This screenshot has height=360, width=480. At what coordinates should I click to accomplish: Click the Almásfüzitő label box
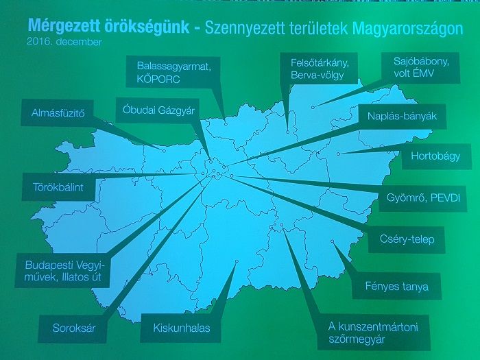point(57,112)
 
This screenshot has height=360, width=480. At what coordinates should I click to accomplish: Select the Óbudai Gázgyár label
point(158,110)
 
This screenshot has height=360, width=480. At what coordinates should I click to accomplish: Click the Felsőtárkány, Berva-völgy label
point(319,69)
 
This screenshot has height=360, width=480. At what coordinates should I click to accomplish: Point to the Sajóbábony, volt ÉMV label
point(420,68)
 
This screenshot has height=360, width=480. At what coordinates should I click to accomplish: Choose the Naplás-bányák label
point(402,117)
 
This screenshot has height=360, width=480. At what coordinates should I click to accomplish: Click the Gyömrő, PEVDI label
point(423,198)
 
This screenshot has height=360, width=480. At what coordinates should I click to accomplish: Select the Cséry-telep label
point(407,239)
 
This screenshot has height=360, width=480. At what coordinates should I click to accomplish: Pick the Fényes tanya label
point(397,286)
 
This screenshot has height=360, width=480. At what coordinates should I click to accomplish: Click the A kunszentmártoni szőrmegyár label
point(374,333)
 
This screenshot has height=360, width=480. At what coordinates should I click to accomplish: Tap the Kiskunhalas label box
point(181,328)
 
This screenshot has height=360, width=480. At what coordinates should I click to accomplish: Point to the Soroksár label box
point(73,328)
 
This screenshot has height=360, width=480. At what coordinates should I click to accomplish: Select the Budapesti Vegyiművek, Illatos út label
point(63,271)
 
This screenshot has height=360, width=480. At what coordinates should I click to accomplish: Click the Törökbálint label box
point(58,187)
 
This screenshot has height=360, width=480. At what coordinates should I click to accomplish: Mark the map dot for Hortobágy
point(338,154)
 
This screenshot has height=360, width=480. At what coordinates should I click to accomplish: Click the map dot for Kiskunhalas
point(237,261)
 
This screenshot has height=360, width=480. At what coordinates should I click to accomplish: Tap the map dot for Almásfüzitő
point(164,151)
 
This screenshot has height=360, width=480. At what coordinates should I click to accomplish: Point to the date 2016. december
point(64,42)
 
